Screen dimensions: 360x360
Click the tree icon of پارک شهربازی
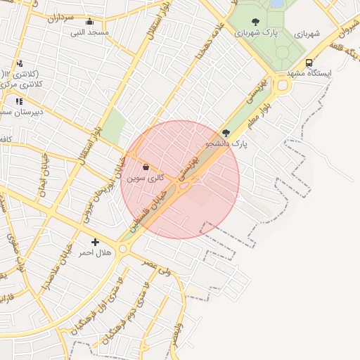click(255, 22)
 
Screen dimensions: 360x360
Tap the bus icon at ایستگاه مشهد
click(309, 63)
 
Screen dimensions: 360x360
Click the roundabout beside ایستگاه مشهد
click(283, 86)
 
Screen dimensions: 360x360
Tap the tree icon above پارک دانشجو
click(226, 132)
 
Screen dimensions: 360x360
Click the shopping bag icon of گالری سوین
click(146, 167)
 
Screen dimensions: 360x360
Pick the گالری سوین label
click(146, 179)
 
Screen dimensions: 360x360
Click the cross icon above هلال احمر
click(95, 242)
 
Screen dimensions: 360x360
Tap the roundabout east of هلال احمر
click(124, 248)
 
